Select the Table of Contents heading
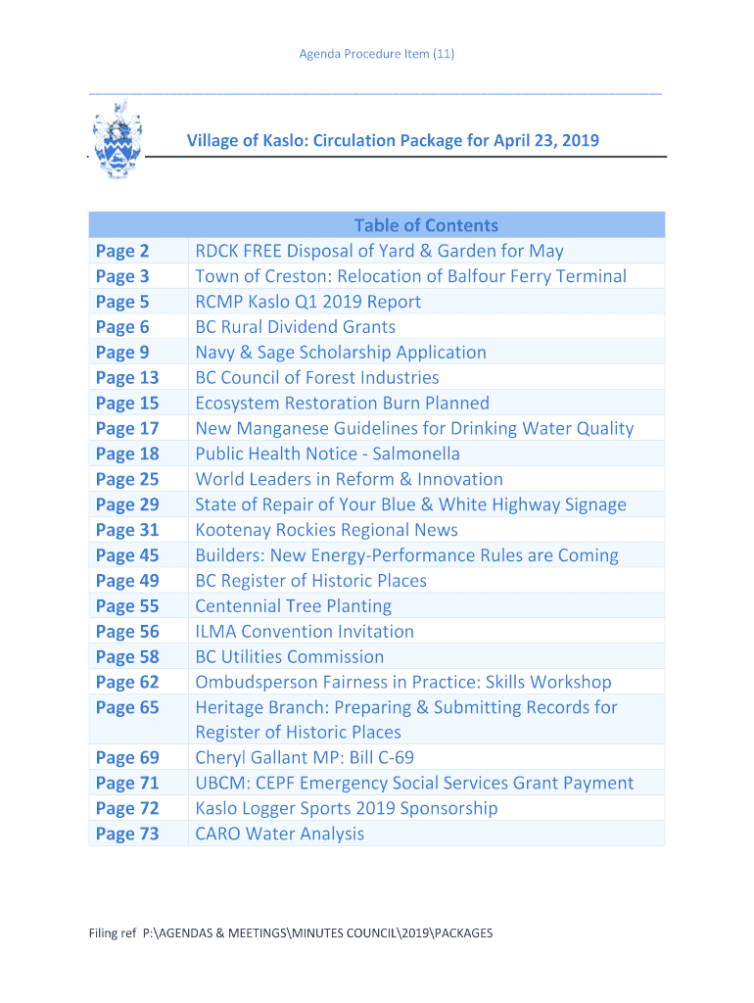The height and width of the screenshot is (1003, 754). [426, 225]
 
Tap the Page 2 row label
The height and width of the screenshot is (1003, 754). [122, 252]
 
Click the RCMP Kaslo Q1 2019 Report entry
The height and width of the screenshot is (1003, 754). [307, 302]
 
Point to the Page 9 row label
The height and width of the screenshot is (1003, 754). [122, 353]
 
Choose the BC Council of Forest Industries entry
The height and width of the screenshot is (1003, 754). [316, 378]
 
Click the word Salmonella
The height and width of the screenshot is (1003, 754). [416, 454]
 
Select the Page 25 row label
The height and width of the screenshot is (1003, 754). [127, 479]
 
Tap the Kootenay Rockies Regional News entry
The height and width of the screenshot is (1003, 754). [326, 530]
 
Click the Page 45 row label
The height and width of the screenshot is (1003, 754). [127, 555]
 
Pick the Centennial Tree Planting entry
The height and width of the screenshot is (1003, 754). [293, 606]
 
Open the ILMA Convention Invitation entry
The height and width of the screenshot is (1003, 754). [305, 632]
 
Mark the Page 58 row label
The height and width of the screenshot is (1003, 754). [127, 657]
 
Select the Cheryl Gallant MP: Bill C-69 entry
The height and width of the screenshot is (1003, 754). [305, 758]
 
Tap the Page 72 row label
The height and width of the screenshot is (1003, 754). [127, 809]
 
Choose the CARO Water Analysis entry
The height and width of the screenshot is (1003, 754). [279, 835]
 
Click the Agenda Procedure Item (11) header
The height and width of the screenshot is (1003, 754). [376, 54]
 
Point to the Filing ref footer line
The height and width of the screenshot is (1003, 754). [290, 933]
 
